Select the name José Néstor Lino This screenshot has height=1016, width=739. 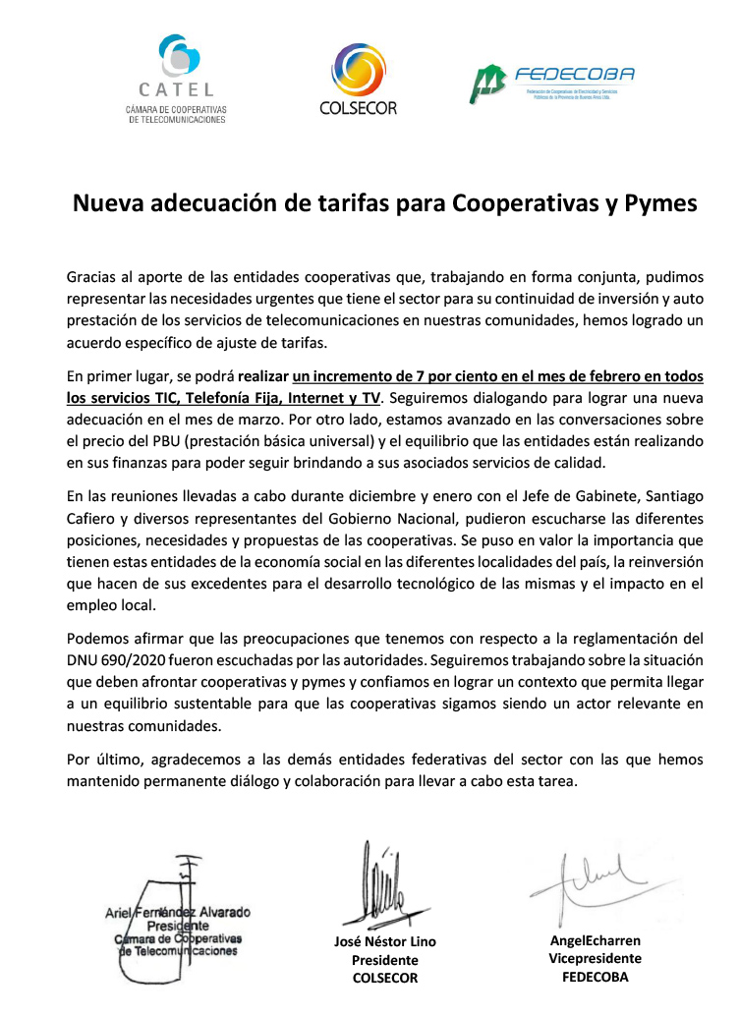[385, 942]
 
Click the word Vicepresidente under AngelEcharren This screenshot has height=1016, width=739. [596, 958]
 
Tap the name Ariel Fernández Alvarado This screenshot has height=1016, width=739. [178, 912]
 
